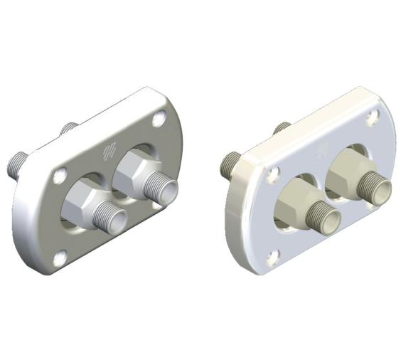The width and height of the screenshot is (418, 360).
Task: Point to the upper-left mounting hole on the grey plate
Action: tap(61, 172)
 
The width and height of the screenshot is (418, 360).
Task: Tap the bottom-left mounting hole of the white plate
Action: tap(270, 255)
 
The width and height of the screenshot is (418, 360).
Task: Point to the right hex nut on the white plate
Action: tap(348, 171)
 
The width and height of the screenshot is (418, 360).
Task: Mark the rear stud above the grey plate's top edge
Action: tap(68, 129)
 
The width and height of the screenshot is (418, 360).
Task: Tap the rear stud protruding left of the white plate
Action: tap(229, 166)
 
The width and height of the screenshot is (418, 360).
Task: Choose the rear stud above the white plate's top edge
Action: tap(282, 128)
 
